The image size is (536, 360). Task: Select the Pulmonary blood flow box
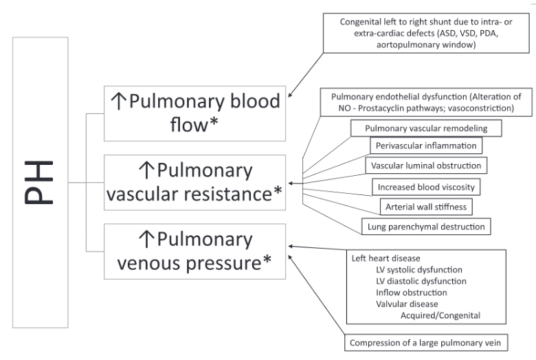(195, 113)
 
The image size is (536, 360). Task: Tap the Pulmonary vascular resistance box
(195, 183)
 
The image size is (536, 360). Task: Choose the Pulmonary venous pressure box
(195, 251)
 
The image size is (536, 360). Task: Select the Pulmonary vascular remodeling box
(425, 128)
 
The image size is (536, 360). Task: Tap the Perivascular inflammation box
(425, 146)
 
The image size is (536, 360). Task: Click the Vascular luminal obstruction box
(425, 166)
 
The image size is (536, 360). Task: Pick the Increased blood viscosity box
(426, 186)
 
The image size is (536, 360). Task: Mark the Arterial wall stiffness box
(426, 205)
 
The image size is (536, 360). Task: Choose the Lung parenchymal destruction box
(425, 225)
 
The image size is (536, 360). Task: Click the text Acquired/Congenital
(440, 315)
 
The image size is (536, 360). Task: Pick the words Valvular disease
(407, 304)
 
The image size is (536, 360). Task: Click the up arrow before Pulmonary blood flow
(117, 102)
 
